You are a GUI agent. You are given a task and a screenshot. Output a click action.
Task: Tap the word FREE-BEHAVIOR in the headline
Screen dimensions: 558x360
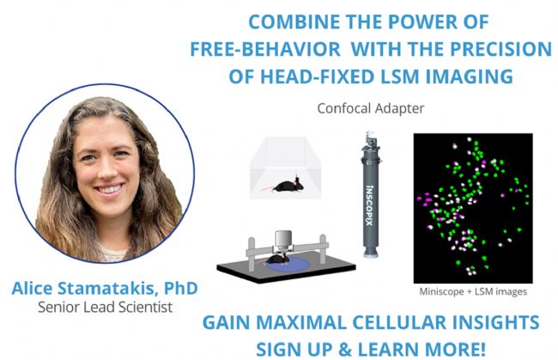click(x=265, y=49)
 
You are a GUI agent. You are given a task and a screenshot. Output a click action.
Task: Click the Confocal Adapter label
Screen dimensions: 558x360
click(x=371, y=108)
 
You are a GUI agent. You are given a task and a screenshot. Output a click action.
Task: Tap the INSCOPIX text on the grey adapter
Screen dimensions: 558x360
click(x=370, y=205)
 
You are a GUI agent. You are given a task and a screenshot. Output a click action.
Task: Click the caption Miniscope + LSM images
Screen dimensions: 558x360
click(x=473, y=291)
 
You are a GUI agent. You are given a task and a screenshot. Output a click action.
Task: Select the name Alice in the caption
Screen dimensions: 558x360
click(x=33, y=288)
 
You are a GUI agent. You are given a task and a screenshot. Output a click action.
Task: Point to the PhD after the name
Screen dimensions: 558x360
click(x=181, y=288)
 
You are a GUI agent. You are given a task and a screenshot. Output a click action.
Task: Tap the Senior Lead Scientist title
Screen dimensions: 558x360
click(x=106, y=307)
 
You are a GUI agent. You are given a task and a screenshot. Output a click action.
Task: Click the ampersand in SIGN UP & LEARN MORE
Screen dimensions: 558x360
click(x=345, y=350)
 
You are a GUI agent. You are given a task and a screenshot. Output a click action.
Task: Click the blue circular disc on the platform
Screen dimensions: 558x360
click(x=287, y=265)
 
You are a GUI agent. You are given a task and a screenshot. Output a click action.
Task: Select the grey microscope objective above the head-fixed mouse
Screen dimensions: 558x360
click(x=283, y=239)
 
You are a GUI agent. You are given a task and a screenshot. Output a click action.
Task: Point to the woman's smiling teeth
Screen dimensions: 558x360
click(x=110, y=188)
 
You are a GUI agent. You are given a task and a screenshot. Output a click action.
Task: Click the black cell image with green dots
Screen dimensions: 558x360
click(x=473, y=208)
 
